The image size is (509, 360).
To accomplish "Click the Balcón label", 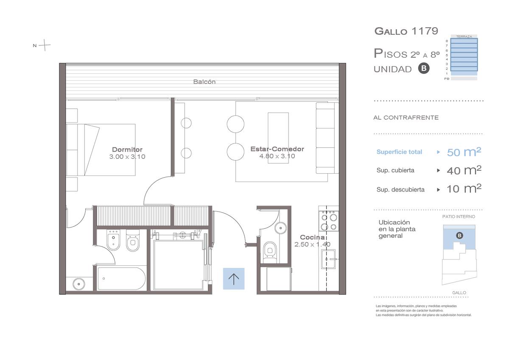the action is point(204,82).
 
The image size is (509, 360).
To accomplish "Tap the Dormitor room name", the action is point(127,149).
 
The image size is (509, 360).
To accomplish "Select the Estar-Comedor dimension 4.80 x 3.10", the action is point(277,156).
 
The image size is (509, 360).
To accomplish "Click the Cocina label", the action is point(312,237).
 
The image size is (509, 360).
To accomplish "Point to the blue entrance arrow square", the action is point(234,278).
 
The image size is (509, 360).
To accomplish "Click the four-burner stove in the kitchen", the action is point(329,221).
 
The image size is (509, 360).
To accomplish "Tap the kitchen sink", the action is point(328,259).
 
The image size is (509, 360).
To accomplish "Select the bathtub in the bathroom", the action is point(121,278).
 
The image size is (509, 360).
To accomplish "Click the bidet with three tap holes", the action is point(113,240).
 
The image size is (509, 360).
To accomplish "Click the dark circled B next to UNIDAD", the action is point(424,68).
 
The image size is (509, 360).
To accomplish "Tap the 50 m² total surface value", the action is point(464,152).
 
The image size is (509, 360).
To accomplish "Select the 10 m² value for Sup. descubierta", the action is point(464,189).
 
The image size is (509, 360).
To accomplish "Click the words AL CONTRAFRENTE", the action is point(406,118).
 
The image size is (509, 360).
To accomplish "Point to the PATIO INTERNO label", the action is point(459,217).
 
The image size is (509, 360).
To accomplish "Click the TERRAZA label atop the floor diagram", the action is point(464,37).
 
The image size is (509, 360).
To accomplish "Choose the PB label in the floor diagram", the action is point(447,79).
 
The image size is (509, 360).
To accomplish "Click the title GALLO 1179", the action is point(406,31).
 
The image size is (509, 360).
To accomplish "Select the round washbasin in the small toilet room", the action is point(281,228).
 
